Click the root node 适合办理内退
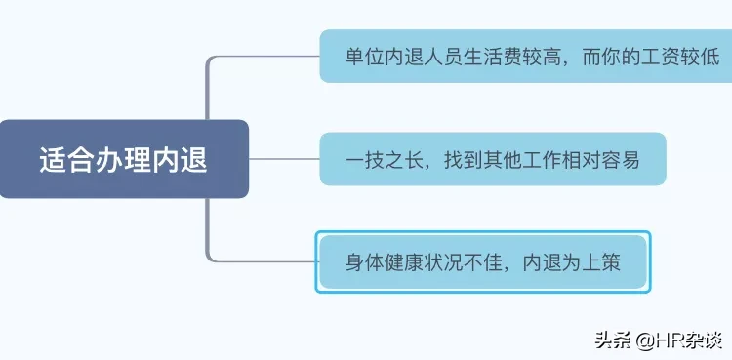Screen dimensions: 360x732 pyautogui.click(x=124, y=159)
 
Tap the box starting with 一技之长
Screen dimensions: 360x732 pyautogui.click(x=493, y=159)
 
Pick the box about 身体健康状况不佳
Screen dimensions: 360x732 pyautogui.click(x=482, y=261)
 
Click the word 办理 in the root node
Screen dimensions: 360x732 pyautogui.click(x=124, y=159)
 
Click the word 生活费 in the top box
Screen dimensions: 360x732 pyautogui.click(x=493, y=57)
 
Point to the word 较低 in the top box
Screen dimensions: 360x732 pyautogui.click(x=701, y=57)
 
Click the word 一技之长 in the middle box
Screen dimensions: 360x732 pyautogui.click(x=386, y=159)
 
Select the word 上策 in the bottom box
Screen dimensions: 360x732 pyautogui.click(x=600, y=261)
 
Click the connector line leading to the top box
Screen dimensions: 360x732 pyautogui.click(x=264, y=57)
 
